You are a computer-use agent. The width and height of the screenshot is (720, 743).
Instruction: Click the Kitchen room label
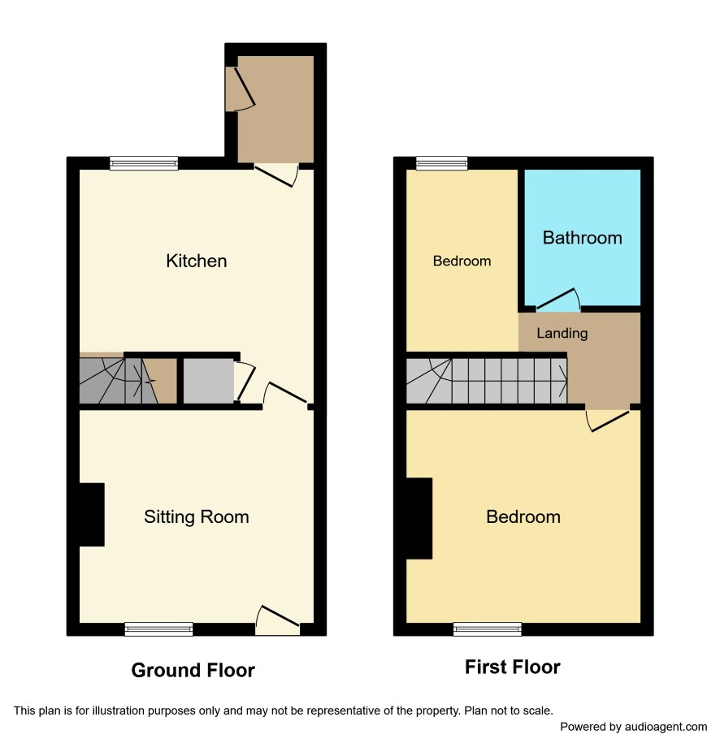point(197,261)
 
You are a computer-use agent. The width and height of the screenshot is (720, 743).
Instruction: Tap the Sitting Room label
point(197,517)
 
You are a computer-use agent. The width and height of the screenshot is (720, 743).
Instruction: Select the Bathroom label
point(583,238)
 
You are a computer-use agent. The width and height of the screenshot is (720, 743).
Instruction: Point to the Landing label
point(562,333)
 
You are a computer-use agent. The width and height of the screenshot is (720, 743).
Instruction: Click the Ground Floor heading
point(193,670)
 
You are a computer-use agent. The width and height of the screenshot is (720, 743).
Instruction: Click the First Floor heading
point(513,667)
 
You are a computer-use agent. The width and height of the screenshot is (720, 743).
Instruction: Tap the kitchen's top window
point(144,163)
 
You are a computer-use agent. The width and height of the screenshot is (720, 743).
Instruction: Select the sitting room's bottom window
point(159,629)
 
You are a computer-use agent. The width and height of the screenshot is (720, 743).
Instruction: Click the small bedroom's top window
point(442,163)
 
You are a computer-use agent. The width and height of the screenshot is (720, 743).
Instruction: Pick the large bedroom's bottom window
point(488,629)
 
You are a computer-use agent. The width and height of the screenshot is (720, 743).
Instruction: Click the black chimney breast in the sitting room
point(92,515)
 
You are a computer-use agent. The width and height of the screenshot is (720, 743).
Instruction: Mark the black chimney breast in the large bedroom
point(419,518)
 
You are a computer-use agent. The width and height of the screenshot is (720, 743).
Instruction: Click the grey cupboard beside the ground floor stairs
point(208,381)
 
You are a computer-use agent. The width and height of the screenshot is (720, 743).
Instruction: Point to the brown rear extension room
point(275,110)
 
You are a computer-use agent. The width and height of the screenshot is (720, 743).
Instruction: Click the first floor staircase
point(487,381)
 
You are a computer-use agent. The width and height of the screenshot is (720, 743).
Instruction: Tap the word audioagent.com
point(666,727)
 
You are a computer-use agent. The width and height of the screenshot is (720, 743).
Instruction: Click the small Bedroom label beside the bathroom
point(462,261)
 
